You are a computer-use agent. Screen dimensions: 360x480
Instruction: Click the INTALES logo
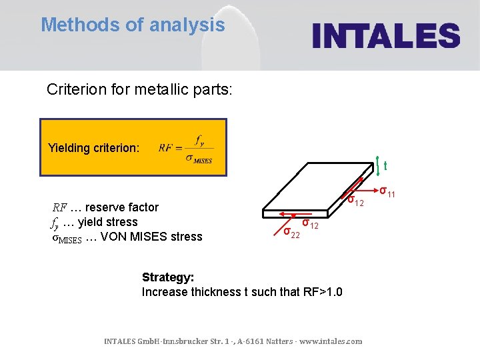pos(387,35)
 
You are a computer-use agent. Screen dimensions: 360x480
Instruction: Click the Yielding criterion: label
pos(94,147)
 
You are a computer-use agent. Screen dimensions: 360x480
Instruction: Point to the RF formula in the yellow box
pos(186,147)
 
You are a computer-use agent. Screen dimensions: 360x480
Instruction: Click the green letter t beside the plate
pos(385,166)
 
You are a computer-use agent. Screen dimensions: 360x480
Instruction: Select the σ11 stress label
pos(387,193)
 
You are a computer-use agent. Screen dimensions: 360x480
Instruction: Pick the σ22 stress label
pos(291,233)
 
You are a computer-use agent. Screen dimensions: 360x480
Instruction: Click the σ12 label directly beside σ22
pos(311,224)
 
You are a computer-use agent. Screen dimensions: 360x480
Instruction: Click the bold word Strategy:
pos(167,277)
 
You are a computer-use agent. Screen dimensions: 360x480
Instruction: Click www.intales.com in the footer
pos(331,341)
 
